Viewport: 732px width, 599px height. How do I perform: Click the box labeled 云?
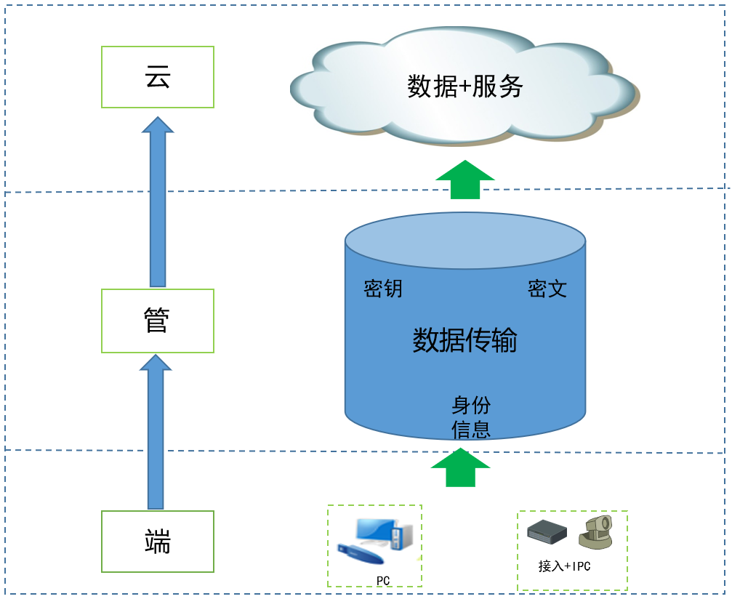(x=158, y=77)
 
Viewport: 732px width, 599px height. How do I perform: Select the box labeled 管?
(x=158, y=321)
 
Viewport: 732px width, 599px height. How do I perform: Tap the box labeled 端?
(x=158, y=541)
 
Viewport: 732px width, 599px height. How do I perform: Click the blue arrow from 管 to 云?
(x=158, y=204)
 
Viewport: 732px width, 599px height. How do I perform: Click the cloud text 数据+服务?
(x=464, y=87)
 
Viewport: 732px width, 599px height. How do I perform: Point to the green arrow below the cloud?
(x=465, y=180)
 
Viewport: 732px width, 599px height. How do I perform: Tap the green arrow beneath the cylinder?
(x=459, y=467)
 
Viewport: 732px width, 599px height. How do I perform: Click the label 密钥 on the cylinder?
(x=383, y=289)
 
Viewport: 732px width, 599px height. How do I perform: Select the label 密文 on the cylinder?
(x=547, y=289)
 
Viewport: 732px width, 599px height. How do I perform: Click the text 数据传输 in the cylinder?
(x=464, y=339)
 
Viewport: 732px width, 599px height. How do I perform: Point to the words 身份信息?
(x=471, y=417)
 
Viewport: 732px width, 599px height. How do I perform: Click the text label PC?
(x=384, y=580)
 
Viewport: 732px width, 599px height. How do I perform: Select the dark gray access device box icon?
(x=547, y=533)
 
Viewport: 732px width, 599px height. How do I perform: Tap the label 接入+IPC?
(x=564, y=566)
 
